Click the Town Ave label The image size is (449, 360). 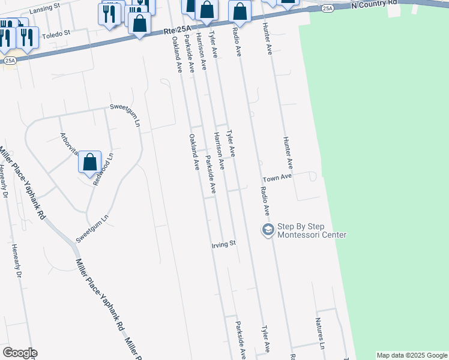(x=277, y=178)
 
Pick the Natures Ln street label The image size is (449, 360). (x=321, y=338)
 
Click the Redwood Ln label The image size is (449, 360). (x=103, y=169)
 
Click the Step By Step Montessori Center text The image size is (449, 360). (x=312, y=231)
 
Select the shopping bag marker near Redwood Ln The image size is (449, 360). (x=89, y=162)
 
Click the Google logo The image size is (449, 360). (x=20, y=353)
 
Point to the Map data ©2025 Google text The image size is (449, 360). (x=412, y=355)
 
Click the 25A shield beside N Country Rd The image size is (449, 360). (x=327, y=8)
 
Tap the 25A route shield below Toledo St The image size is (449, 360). (x=9, y=61)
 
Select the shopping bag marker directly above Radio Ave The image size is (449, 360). (x=240, y=11)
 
